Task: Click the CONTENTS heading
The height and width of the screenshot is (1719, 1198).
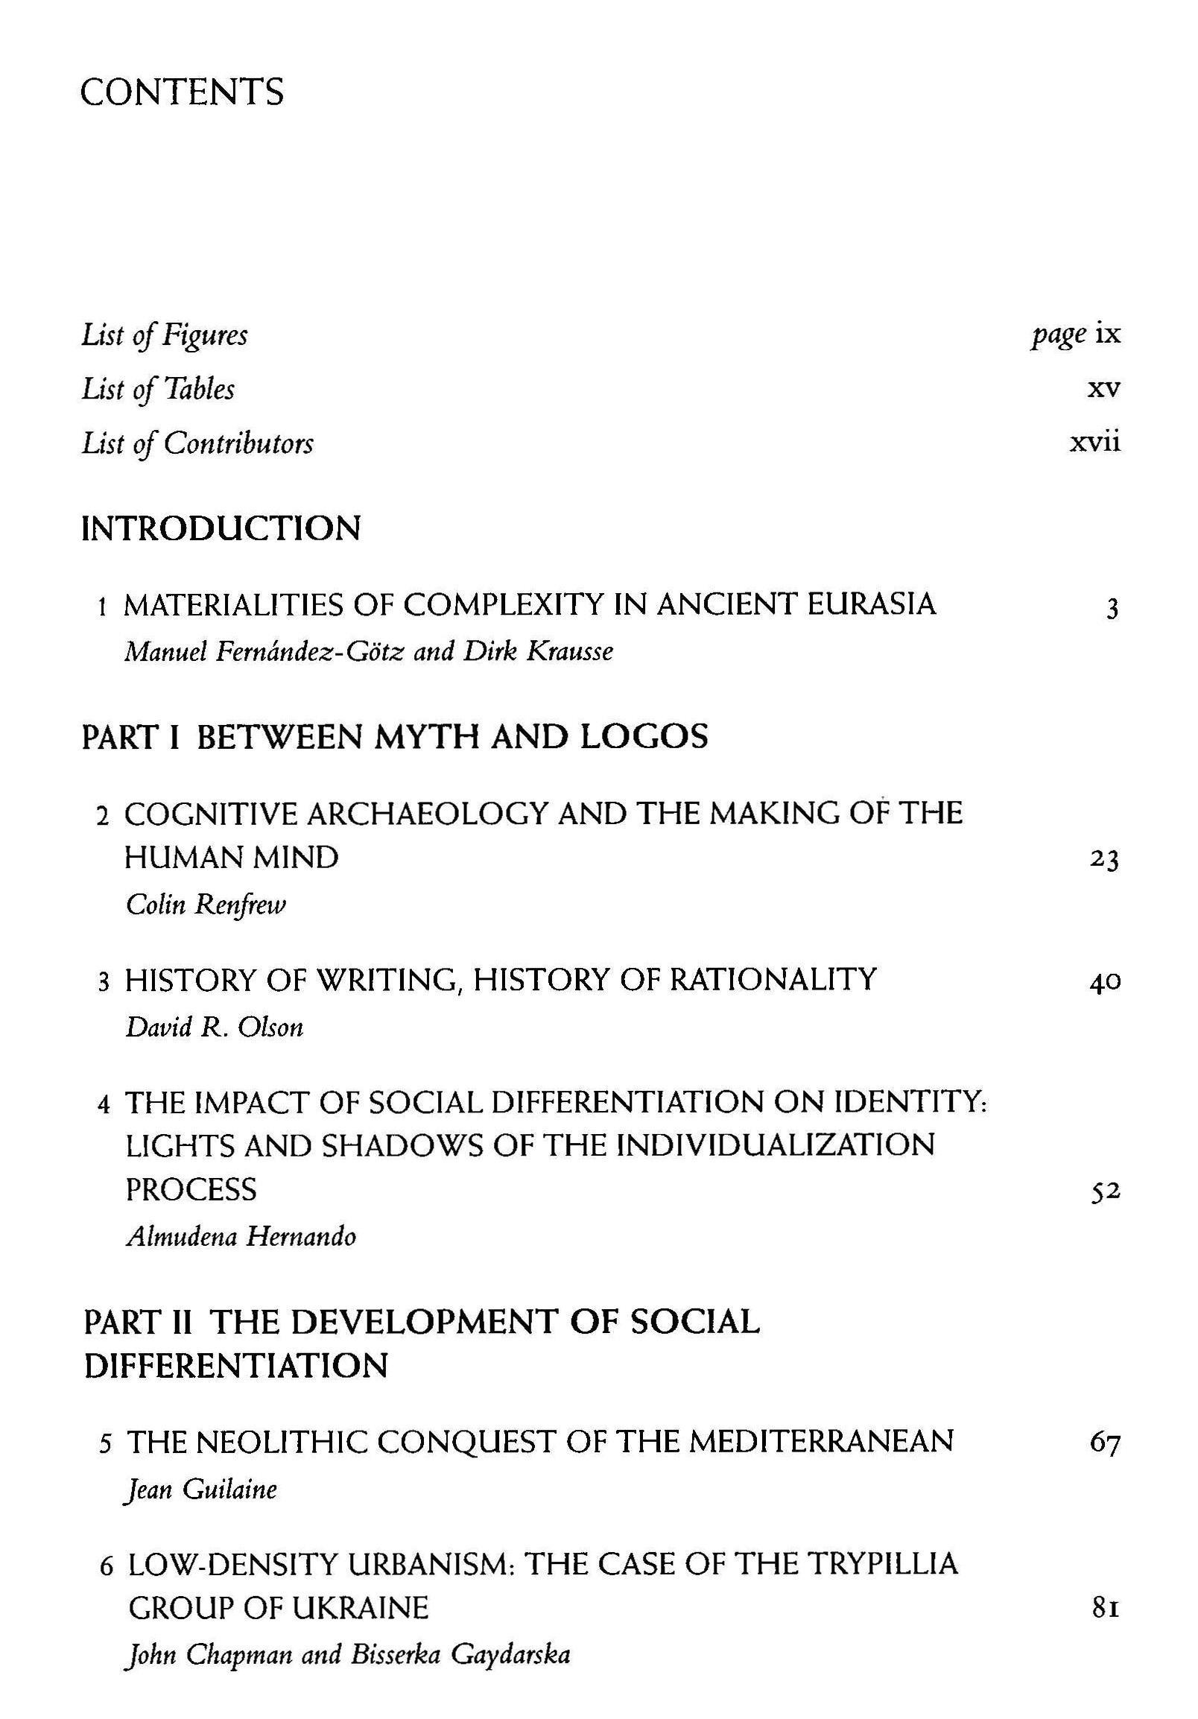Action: click(x=182, y=92)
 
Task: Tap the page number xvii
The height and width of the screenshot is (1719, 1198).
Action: click(x=1094, y=443)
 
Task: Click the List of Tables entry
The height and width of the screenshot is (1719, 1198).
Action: click(x=158, y=389)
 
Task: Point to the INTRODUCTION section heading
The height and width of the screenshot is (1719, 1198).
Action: click(x=221, y=528)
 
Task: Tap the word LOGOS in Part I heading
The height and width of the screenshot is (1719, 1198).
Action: click(x=644, y=738)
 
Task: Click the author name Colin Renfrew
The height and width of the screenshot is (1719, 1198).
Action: click(x=206, y=905)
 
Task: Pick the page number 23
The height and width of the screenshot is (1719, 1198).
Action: click(x=1104, y=861)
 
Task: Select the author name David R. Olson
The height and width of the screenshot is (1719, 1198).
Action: click(x=214, y=1028)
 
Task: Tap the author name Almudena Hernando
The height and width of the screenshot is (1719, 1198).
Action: click(x=241, y=1237)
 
